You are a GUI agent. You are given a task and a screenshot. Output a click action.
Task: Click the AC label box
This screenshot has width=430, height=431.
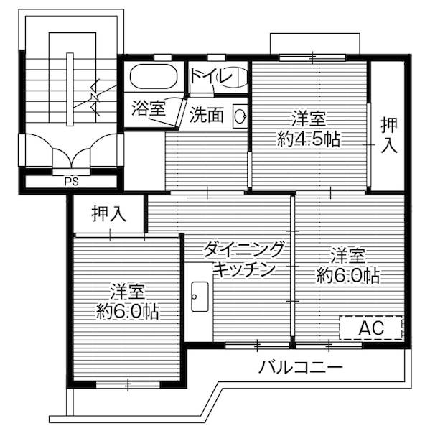point(371,328)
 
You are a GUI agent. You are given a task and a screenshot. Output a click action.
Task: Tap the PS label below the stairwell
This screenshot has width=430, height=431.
point(71,181)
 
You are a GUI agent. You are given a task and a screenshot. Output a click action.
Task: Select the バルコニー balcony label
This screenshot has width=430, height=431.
point(301,368)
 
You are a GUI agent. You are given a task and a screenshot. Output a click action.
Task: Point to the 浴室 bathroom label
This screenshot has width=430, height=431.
point(149,108)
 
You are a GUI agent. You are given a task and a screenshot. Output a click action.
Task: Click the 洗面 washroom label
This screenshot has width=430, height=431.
point(206,115)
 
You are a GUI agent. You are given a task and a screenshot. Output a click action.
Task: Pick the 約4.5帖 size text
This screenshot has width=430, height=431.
point(309,139)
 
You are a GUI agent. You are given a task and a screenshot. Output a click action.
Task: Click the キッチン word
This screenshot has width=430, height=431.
point(244,269)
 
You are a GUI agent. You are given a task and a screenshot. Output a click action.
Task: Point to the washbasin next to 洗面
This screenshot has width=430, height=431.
point(240,116)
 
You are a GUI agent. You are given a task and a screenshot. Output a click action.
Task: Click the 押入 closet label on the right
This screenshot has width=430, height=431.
point(388,135)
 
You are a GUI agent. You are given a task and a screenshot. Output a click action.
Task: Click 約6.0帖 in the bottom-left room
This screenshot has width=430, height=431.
point(128,311)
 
